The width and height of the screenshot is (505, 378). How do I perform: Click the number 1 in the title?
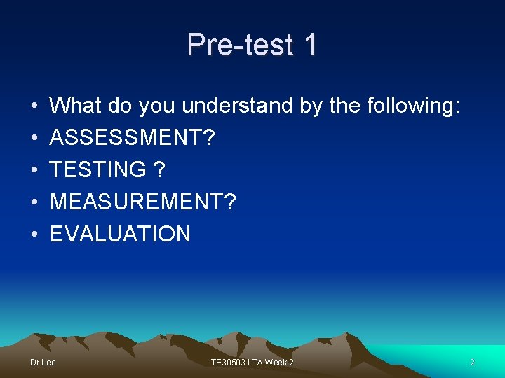pyautogui.click(x=309, y=45)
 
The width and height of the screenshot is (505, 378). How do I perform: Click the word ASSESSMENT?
pyautogui.click(x=133, y=138)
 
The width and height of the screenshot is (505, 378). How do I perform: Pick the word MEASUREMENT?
pyautogui.click(x=143, y=202)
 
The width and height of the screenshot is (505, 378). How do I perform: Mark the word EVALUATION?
pyautogui.click(x=120, y=234)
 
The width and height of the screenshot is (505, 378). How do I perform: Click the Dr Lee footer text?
pyautogui.click(x=43, y=362)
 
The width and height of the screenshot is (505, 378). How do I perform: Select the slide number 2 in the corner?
pyautogui.click(x=472, y=362)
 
